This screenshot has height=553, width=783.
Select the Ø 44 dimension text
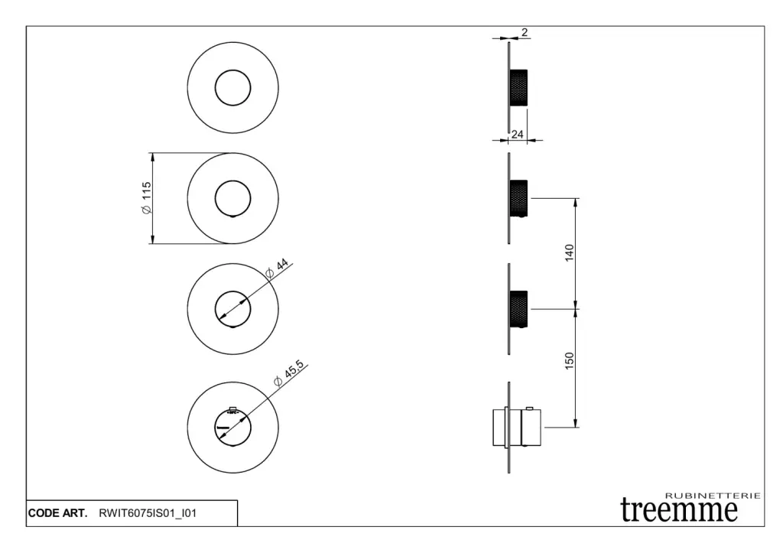pos(276,268)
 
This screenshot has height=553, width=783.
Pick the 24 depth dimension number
pos(517,135)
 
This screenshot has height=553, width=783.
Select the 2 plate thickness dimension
pos(525,32)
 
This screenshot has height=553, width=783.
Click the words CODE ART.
pos(57,513)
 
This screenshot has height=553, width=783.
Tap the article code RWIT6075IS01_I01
pos(148,513)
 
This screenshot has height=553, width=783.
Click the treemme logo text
pos(679,509)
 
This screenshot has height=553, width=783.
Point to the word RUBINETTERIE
pos(713,496)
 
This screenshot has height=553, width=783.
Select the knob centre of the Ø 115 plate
pos(232,198)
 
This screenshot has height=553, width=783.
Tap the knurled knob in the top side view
pos(518,87)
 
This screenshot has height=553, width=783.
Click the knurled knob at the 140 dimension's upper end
pos(518,198)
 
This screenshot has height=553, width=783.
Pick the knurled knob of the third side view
pos(518,308)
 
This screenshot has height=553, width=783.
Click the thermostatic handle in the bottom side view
pos(516,426)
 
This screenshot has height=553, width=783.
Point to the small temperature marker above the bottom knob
pos(233,410)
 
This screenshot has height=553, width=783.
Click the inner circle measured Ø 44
pos(232,308)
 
